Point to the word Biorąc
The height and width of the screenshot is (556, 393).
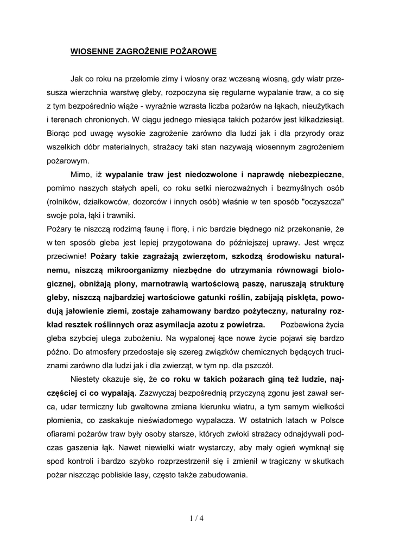tap(59, 132)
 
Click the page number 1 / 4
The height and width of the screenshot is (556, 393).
tap(196, 517)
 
